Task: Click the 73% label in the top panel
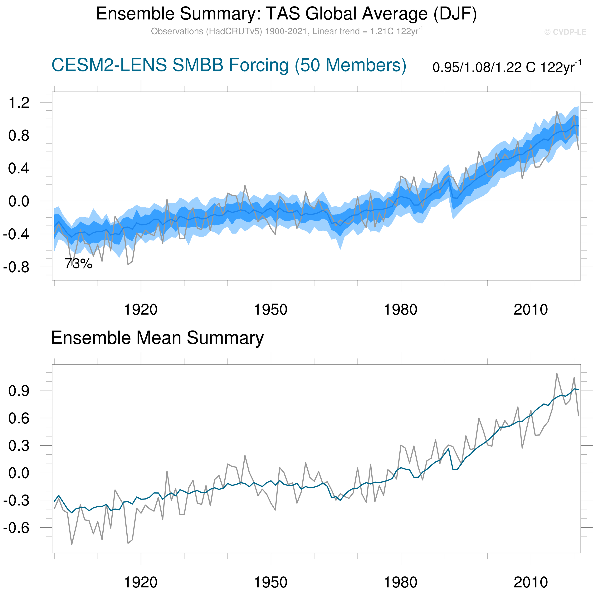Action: tap(78, 264)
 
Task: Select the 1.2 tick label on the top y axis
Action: tap(19, 103)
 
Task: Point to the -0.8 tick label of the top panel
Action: tap(16, 267)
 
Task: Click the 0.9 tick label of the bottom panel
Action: tap(19, 391)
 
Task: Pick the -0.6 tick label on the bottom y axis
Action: tap(16, 528)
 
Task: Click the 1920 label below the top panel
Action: tap(141, 309)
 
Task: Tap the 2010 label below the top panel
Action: tap(531, 309)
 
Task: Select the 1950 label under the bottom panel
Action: tap(271, 582)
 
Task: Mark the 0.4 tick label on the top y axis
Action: tap(19, 168)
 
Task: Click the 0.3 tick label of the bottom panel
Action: tap(19, 446)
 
